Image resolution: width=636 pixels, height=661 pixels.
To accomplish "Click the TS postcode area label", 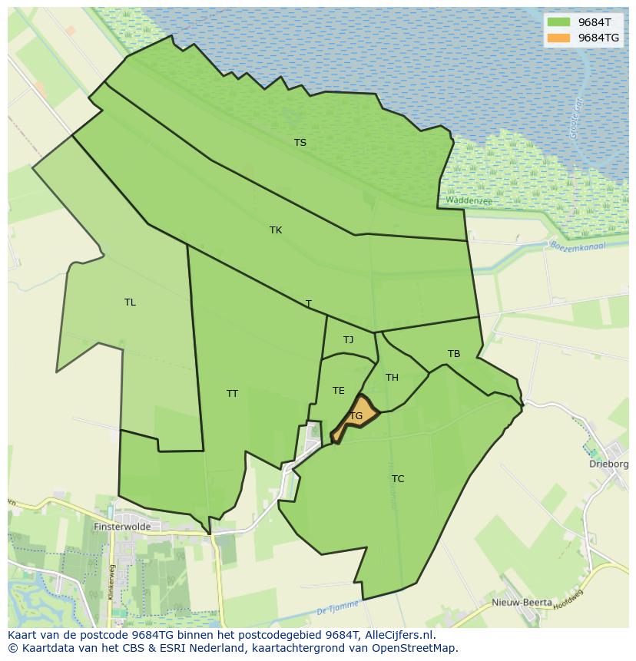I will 300,142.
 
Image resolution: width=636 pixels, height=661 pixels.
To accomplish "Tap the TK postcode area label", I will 276,230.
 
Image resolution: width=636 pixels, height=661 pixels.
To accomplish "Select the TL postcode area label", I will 130,302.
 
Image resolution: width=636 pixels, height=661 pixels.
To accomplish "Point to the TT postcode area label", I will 232,393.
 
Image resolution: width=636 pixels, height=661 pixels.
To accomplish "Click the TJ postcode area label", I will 348,339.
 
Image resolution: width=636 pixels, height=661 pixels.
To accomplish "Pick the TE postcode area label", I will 338,390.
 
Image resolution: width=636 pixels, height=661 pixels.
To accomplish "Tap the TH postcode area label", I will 392,377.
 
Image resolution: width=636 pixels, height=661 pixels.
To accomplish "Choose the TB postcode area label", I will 454,353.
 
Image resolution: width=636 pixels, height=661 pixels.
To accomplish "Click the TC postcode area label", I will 397,478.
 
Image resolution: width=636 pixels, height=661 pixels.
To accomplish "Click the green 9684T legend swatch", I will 558,21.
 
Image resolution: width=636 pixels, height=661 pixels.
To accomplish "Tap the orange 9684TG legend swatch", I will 558,38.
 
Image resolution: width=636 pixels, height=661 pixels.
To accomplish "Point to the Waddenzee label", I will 468,200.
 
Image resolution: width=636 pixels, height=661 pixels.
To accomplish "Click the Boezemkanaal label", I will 578,246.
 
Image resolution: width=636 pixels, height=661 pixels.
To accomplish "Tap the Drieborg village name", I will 611,464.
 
